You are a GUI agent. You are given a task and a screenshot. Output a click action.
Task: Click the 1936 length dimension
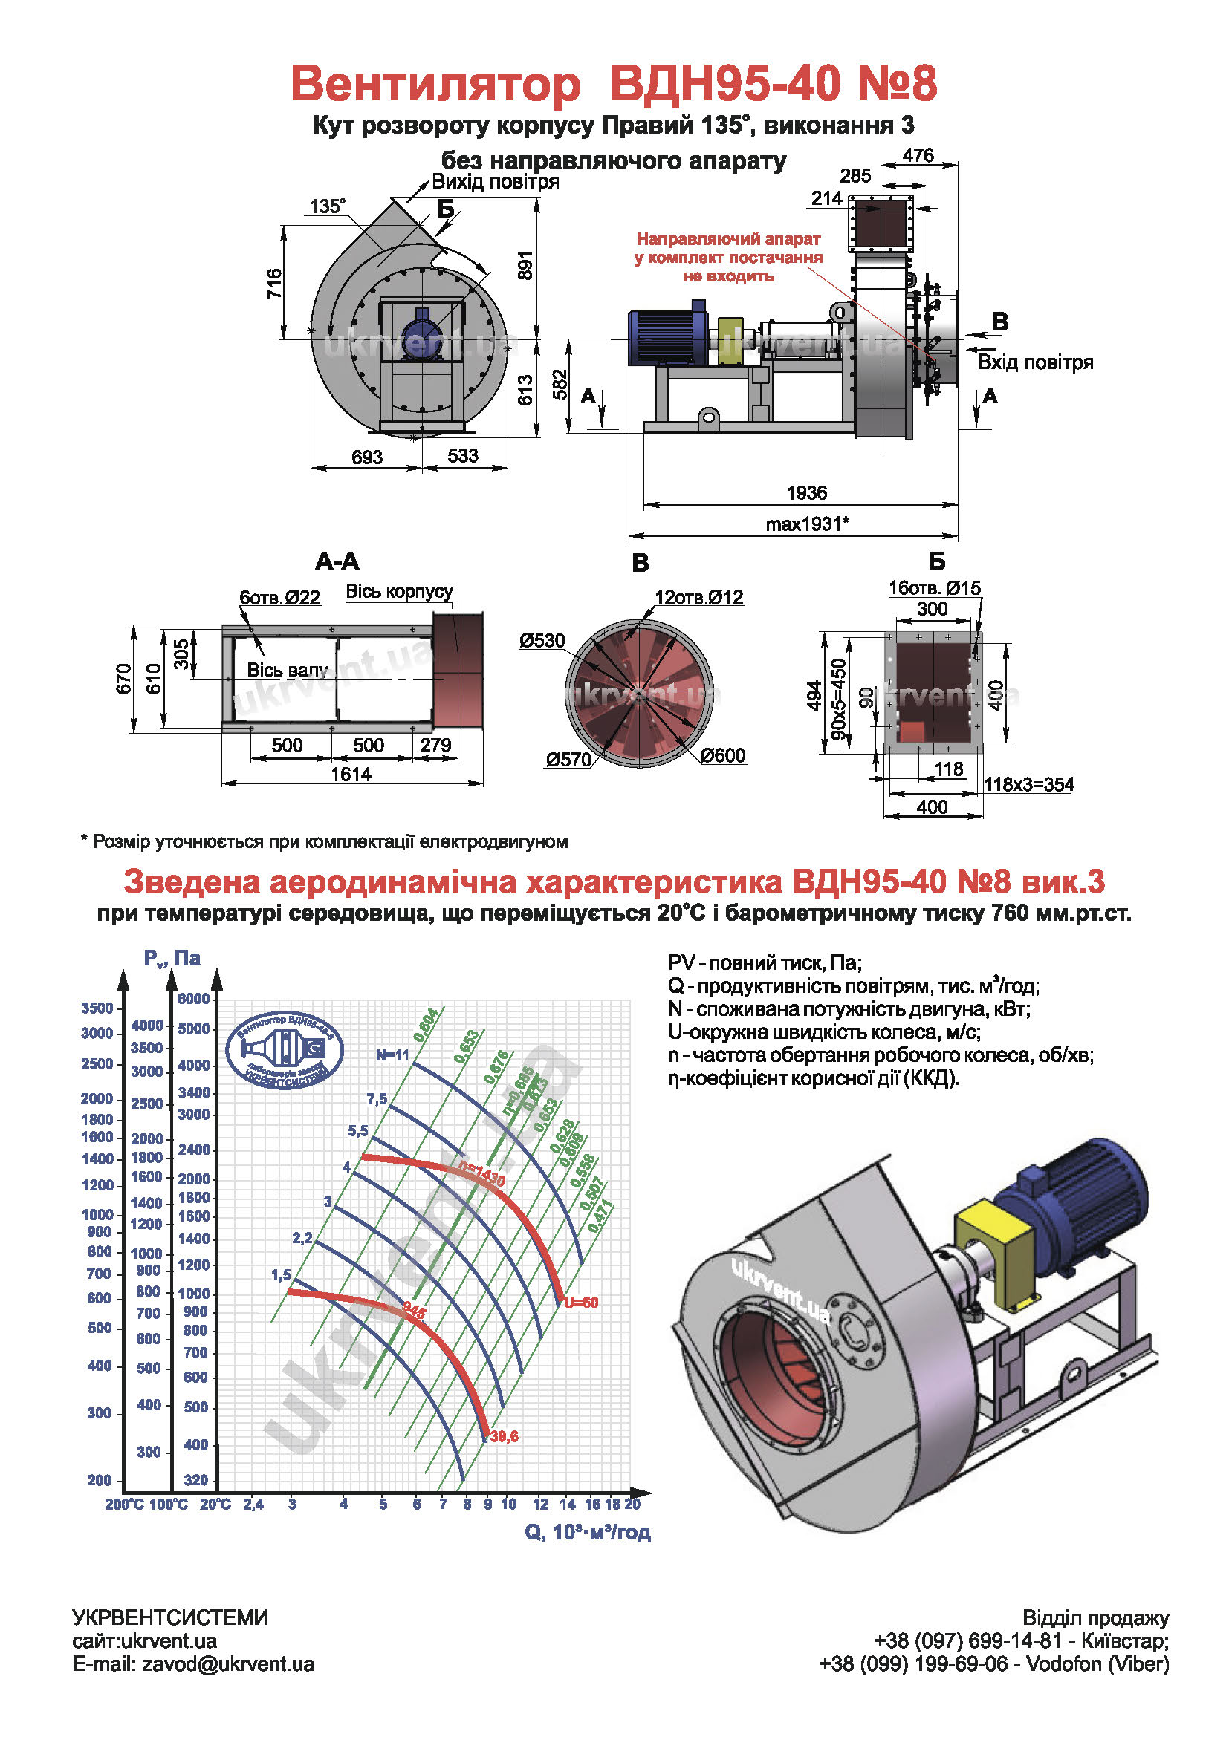(807, 492)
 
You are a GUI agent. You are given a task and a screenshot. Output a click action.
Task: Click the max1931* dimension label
(807, 524)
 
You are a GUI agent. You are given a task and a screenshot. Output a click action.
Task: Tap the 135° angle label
(327, 206)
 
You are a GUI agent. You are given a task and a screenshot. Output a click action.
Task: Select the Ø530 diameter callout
(542, 641)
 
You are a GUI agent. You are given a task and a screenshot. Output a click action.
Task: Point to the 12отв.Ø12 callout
(698, 597)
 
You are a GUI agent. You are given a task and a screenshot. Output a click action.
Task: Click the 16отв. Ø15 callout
(934, 588)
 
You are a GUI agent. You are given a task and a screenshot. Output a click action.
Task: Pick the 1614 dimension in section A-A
(351, 774)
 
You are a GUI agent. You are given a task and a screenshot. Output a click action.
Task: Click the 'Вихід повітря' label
(495, 181)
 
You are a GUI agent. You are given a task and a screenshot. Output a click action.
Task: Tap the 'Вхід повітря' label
(1034, 362)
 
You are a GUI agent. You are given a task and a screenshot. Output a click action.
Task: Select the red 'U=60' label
(580, 1302)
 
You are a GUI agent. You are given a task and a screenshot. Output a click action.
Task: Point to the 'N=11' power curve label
(392, 1055)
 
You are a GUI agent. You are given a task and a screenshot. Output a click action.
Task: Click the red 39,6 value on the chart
(504, 1436)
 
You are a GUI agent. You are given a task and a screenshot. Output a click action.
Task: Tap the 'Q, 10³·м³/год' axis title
(587, 1531)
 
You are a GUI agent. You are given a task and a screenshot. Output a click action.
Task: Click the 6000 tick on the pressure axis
(193, 999)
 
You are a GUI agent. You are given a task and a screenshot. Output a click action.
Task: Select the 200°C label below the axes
(123, 1504)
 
